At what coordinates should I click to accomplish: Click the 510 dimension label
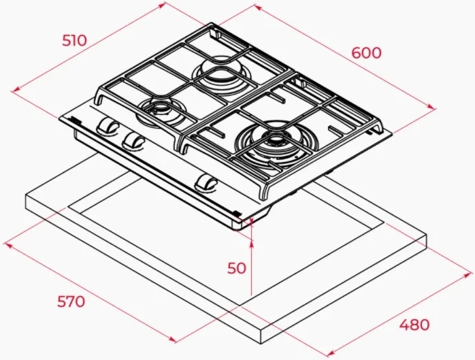pyautogui.click(x=75, y=41)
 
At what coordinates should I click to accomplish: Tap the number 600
pyautogui.click(x=366, y=53)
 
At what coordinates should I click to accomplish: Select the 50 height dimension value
pyautogui.click(x=237, y=268)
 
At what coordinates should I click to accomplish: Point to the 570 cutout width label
pyautogui.click(x=71, y=301)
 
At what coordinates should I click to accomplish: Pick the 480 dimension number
pyautogui.click(x=414, y=325)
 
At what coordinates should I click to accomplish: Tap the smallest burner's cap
pyautogui.click(x=160, y=108)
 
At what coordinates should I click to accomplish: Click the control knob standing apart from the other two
pyautogui.click(x=206, y=183)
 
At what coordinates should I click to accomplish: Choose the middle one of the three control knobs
pyautogui.click(x=133, y=141)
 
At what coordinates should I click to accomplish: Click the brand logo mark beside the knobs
pyautogui.click(x=75, y=120)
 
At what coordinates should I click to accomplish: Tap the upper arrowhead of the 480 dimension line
pyautogui.click(x=469, y=274)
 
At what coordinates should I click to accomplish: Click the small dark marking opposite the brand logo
pyautogui.click(x=237, y=213)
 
